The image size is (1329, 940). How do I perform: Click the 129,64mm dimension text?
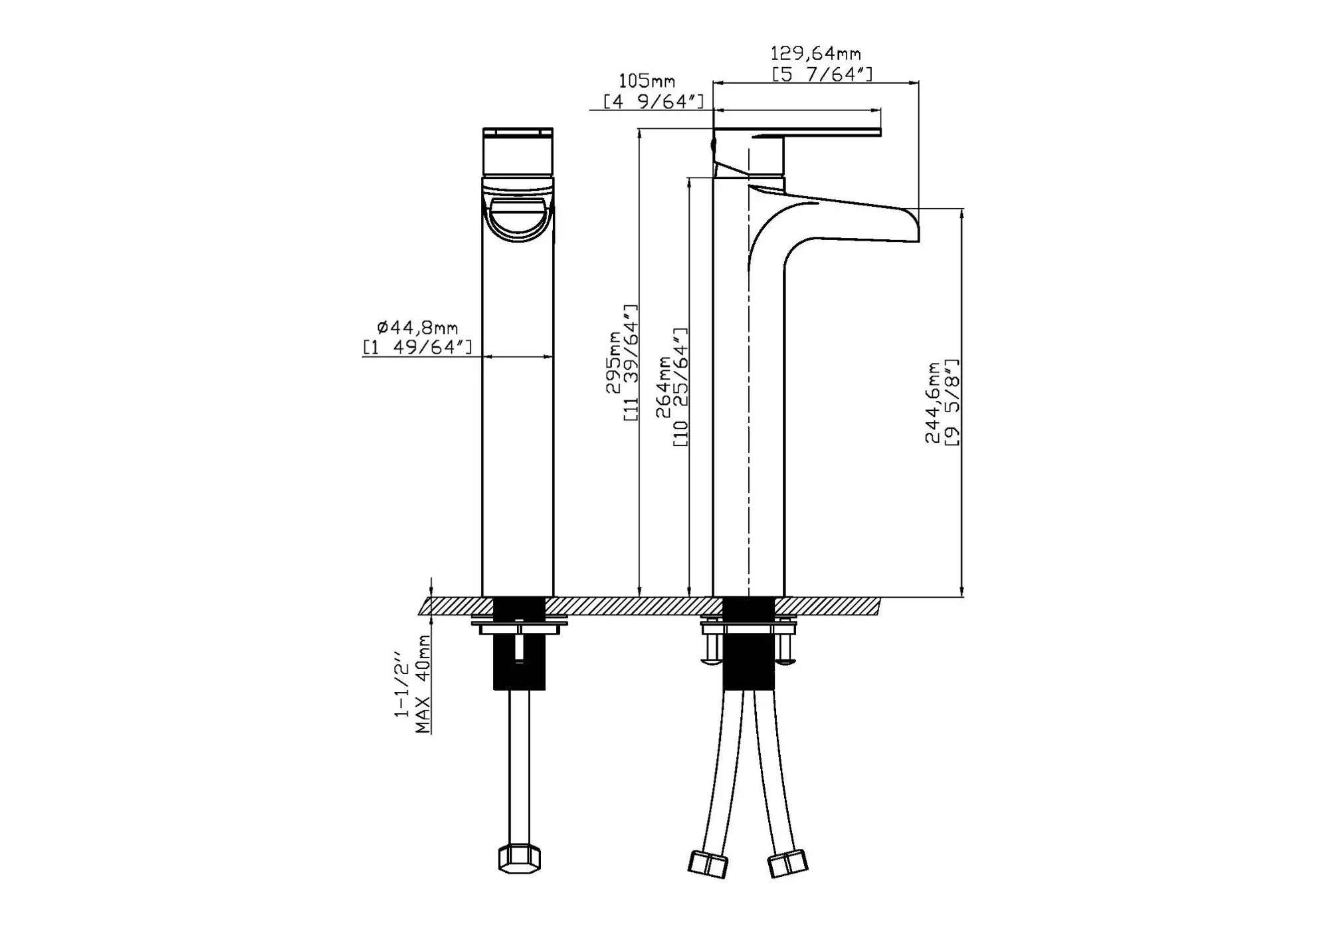pyautogui.click(x=815, y=53)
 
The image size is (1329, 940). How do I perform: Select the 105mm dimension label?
pyautogui.click(x=647, y=81)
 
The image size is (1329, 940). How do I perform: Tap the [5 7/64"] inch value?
pyautogui.click(x=822, y=74)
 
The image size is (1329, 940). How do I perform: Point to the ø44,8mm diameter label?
pyautogui.click(x=417, y=328)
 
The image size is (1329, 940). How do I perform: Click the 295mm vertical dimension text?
pyautogui.click(x=613, y=362)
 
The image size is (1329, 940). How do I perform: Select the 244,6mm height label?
pyautogui.click(x=934, y=402)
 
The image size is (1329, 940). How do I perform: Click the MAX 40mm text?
pyautogui.click(x=423, y=683)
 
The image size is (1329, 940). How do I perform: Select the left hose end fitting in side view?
pyautogui.click(x=707, y=864)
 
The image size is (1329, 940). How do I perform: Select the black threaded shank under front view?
pyautogui.click(x=519, y=658)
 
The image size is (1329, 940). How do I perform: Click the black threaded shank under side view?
pyautogui.click(x=748, y=658)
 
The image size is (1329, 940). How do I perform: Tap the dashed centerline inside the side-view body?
pyautogui.click(x=749, y=399)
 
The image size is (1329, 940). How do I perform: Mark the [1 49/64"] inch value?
pyautogui.click(x=417, y=347)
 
